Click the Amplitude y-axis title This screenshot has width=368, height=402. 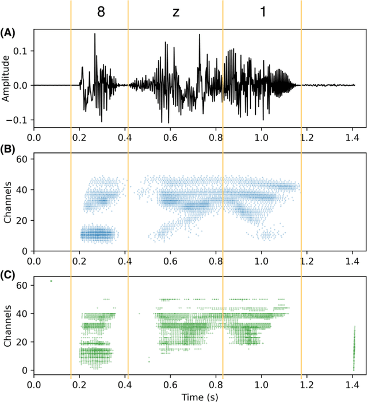coord(6,78)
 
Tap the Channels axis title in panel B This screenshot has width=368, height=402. coord(6,202)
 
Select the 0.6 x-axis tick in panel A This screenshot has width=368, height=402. coord(170,138)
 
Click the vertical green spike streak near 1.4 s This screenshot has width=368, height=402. coord(353,349)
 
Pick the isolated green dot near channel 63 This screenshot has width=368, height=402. coord(51,281)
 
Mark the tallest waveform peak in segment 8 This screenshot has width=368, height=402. coord(95,35)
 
